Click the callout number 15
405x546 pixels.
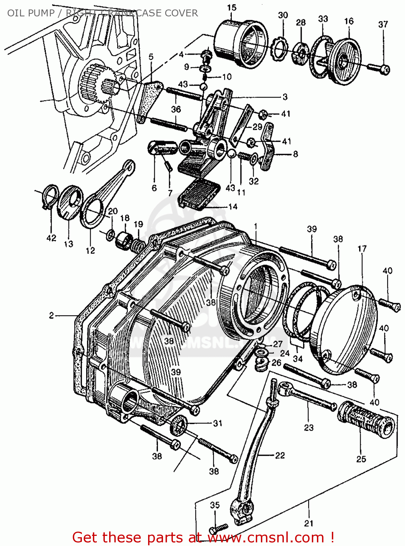232,7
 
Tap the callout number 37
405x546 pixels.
383,24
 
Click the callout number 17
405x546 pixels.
362,249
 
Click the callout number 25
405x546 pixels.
361,459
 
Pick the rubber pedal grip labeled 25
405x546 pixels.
366,420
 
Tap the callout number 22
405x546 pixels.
280,455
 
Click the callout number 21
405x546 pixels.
309,523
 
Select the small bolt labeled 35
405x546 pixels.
219,528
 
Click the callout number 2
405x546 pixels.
52,315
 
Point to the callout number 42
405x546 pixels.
51,238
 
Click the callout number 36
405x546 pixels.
176,109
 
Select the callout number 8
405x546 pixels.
295,154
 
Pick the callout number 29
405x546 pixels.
257,127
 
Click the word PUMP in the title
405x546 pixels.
41,13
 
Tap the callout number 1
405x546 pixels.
256,226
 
